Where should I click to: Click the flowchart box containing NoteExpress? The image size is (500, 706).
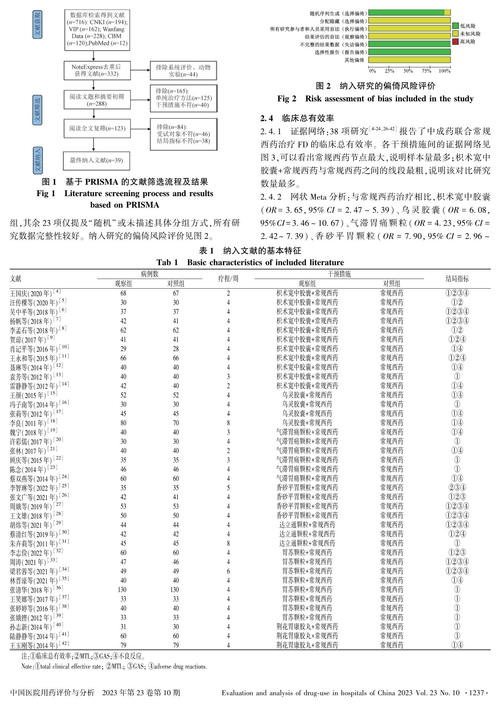(x=96, y=70)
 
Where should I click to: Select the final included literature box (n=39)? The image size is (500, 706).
(x=96, y=160)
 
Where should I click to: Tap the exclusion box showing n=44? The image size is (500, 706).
(x=183, y=71)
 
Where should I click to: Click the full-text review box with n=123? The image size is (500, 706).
(x=97, y=128)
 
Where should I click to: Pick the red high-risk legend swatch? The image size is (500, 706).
(x=455, y=42)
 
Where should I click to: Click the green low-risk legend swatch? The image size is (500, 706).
(x=455, y=26)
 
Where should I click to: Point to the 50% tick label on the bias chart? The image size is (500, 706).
(x=408, y=71)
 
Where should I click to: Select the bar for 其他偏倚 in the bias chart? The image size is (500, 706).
(x=409, y=60)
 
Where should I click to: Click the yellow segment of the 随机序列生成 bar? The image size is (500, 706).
(x=448, y=13)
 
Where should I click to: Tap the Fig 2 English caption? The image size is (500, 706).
(x=375, y=99)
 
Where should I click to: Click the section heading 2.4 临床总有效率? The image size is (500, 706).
(x=297, y=118)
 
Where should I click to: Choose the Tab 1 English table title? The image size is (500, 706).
(x=250, y=262)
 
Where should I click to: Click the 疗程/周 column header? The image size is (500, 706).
(x=228, y=279)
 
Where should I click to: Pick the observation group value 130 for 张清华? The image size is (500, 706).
(x=122, y=590)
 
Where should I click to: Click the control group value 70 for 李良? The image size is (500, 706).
(x=176, y=423)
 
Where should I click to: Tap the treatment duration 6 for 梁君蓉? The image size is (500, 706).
(x=228, y=571)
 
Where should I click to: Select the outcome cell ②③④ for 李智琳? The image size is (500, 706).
(x=457, y=488)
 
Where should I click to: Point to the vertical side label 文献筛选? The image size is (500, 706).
(x=37, y=110)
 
